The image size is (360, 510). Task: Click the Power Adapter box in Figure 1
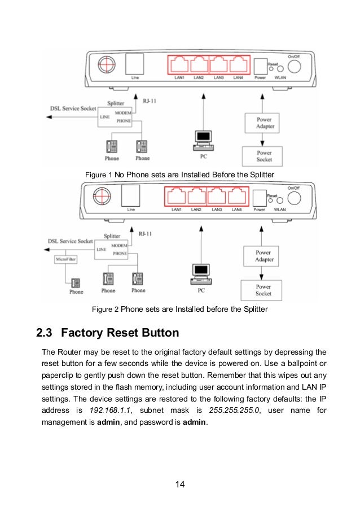point(265,123)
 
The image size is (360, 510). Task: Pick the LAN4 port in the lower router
point(238,197)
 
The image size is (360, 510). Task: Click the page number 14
point(179,484)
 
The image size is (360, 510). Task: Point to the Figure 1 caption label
point(99,175)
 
